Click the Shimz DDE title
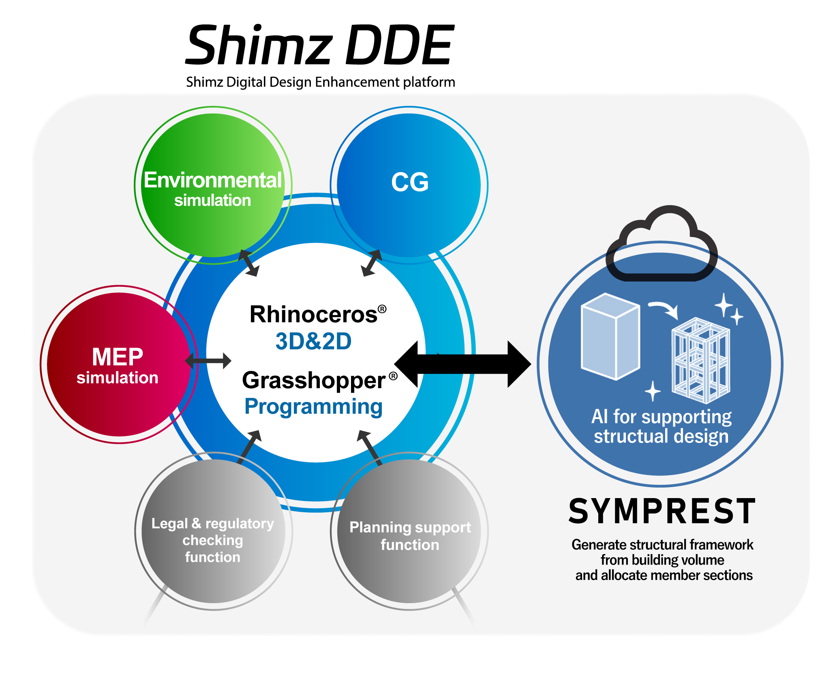coord(320,45)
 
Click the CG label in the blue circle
coord(409,182)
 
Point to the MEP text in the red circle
coord(118,357)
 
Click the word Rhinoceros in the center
coord(313,315)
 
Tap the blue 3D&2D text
coord(313,341)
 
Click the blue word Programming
coord(313,407)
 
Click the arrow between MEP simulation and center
coord(208,361)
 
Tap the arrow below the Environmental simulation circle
coord(248,263)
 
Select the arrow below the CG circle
coord(371,263)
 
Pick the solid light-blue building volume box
coord(610,337)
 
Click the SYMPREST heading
coord(662,512)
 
